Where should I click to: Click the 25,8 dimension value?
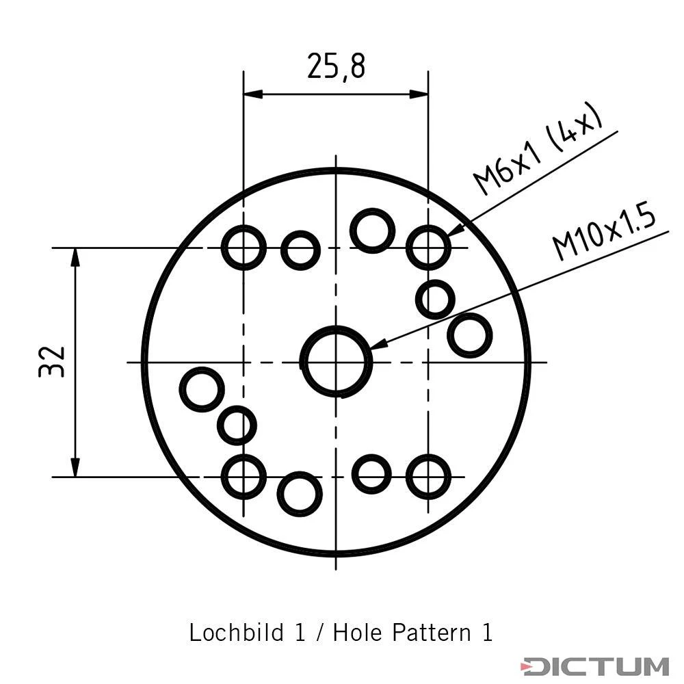click(x=336, y=66)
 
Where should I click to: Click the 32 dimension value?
click(x=52, y=362)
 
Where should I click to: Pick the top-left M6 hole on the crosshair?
click(x=223, y=248)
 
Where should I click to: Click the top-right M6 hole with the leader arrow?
click(x=408, y=248)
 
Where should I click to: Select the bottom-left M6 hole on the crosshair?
click(x=223, y=477)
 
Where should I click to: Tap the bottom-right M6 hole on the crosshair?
click(x=408, y=477)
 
